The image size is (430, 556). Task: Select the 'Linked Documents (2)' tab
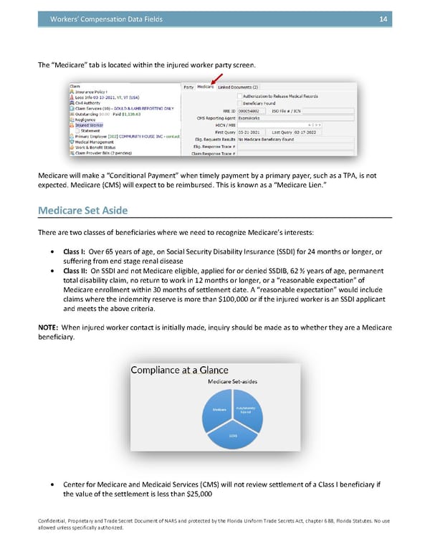238,87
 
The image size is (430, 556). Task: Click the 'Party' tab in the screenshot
188,87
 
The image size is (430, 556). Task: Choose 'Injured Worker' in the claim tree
88,125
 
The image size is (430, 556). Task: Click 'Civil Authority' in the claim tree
88,102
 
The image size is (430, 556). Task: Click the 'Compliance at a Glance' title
179,370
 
